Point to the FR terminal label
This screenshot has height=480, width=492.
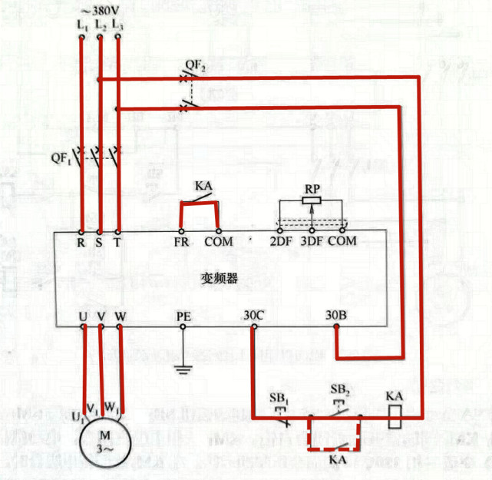click(181, 241)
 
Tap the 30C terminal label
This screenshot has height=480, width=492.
click(254, 315)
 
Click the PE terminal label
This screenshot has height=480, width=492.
click(183, 315)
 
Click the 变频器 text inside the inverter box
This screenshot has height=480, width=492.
click(223, 278)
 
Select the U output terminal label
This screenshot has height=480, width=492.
click(83, 315)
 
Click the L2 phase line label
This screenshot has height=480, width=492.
click(100, 25)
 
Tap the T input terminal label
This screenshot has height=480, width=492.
click(117, 241)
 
